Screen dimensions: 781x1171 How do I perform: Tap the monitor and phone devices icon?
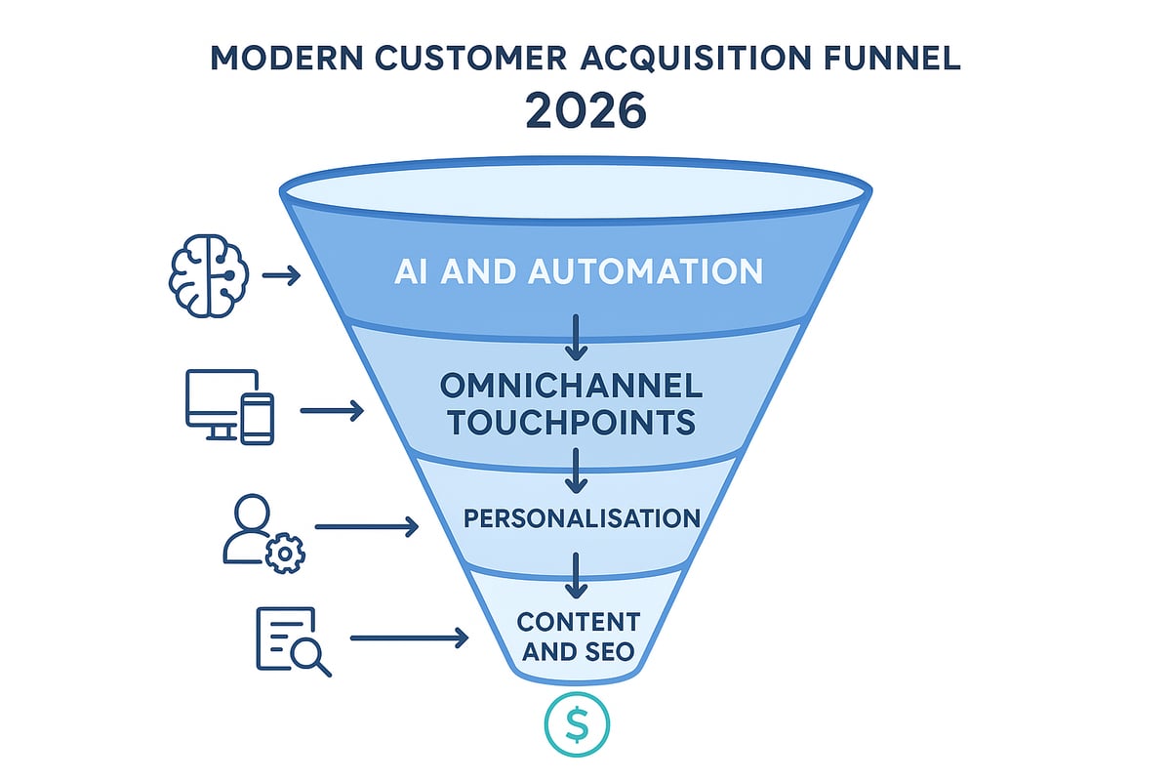230,407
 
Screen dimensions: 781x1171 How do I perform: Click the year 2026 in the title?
585,110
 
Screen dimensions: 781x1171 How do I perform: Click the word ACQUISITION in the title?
690,58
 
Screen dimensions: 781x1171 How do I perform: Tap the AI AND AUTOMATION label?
578,270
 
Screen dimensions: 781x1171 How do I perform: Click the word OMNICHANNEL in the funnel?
571,386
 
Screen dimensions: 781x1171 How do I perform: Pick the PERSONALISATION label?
581,517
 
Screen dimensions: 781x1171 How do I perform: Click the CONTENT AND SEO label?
578,637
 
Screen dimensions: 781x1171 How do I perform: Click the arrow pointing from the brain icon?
281,277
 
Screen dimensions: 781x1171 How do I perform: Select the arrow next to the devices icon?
332,411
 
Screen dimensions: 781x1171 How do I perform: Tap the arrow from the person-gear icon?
367,528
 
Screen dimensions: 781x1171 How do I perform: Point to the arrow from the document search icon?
408,639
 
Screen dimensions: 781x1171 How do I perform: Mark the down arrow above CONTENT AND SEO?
577,576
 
